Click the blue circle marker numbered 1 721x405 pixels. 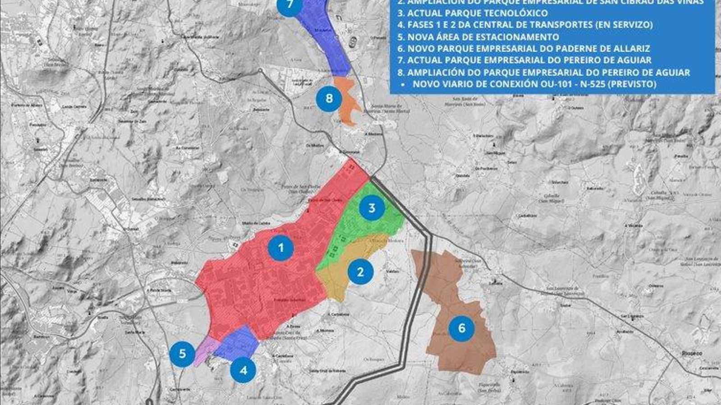(x=281, y=247)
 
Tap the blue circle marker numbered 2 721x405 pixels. (x=360, y=271)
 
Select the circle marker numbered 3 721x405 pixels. (x=372, y=208)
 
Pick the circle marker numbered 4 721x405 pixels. (x=243, y=370)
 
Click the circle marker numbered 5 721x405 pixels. (x=183, y=353)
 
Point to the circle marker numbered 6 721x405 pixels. (x=461, y=328)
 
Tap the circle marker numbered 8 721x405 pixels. (x=329, y=98)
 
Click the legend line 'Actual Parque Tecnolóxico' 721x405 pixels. (x=473, y=13)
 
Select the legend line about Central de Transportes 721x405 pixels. (x=525, y=25)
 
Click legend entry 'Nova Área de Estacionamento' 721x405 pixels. (x=478, y=37)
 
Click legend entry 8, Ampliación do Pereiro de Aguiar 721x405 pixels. (x=543, y=72)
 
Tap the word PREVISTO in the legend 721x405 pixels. (x=634, y=84)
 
